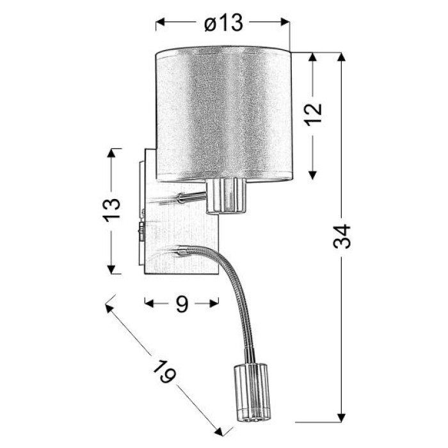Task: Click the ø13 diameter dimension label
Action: [x=224, y=22]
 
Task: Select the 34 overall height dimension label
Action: [x=342, y=236]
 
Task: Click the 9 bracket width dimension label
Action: [x=182, y=304]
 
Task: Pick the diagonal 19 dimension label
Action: [x=164, y=371]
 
